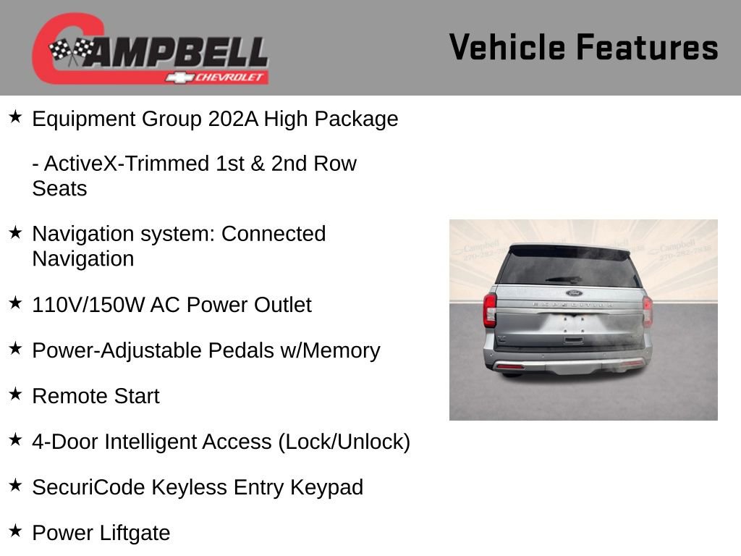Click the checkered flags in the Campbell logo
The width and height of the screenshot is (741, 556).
71,51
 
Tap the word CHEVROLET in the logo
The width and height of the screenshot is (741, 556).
231,77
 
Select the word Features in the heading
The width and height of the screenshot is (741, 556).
648,48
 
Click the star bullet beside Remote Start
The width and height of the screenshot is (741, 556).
15,395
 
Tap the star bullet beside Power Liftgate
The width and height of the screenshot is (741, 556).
15,531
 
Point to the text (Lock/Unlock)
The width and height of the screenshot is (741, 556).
344,442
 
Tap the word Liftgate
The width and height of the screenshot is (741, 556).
135,533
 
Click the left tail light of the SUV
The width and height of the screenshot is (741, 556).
490,310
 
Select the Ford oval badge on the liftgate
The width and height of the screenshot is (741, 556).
573,293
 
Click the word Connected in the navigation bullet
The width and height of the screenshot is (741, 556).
274,234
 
